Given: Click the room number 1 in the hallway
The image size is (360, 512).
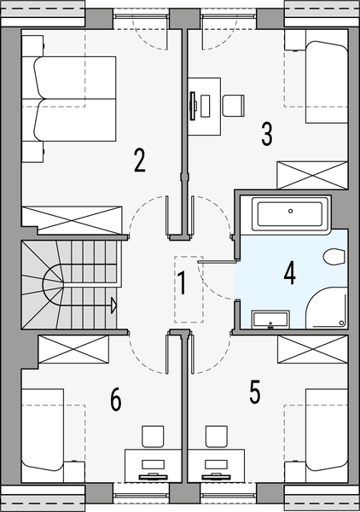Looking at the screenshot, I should pyautogui.click(x=181, y=281).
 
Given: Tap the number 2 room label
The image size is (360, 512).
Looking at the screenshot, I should pyautogui.click(x=139, y=160).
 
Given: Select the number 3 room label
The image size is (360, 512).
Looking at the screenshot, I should pyautogui.click(x=267, y=134).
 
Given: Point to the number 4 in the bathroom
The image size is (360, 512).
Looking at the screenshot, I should pyautogui.click(x=290, y=274).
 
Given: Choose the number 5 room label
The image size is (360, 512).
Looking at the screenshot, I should pyautogui.click(x=254, y=392).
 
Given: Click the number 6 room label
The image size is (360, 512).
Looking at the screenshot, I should pyautogui.click(x=116, y=399).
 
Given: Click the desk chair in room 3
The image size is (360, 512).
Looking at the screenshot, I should pyautogui.click(x=231, y=104).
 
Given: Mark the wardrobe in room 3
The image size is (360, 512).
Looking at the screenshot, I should pyautogui.click(x=312, y=175).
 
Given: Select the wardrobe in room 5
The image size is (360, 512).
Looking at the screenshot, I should pyautogui.click(x=312, y=350).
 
